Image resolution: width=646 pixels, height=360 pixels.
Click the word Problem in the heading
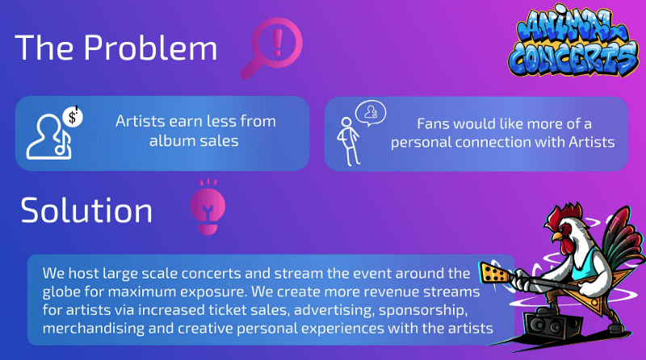[x=151, y=48]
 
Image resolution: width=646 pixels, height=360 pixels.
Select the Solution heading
[x=86, y=210]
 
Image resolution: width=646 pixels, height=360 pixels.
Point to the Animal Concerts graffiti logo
[x=573, y=41]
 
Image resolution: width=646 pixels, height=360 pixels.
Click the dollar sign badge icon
[x=73, y=116]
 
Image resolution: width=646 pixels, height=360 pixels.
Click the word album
[x=171, y=141]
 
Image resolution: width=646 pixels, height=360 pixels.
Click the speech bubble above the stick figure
[x=371, y=113]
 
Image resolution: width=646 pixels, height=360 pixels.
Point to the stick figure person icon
[x=349, y=142]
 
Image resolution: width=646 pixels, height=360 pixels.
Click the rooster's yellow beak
[x=556, y=237]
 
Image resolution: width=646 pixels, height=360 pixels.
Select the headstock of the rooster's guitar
[x=493, y=273]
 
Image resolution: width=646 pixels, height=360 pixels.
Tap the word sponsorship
[x=423, y=310]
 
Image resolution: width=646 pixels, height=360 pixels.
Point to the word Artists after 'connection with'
[x=592, y=142]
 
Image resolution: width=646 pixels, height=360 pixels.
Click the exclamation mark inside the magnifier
[x=278, y=43]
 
